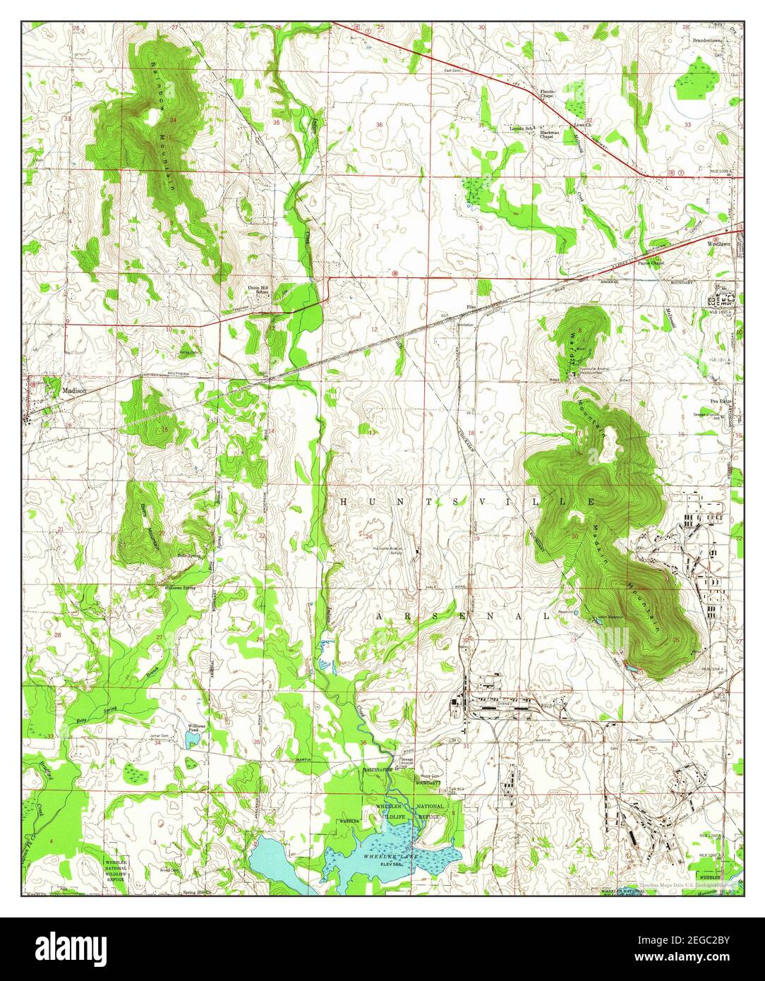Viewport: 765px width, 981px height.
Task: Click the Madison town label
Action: (74, 390)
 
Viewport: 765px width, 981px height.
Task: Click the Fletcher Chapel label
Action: (549, 93)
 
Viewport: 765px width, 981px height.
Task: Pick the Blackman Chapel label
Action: (550, 135)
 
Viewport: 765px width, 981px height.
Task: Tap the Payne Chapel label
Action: (651, 263)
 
